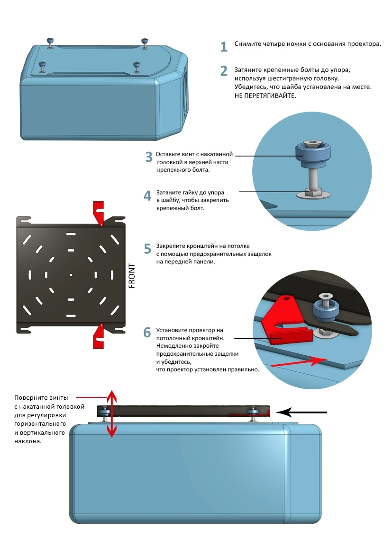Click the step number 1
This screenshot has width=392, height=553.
pos(224,46)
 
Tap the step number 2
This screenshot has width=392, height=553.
pos(224,71)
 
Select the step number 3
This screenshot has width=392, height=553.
pos(149,157)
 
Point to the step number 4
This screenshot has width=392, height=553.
pos(147,195)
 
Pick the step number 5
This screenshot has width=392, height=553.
pos(147,249)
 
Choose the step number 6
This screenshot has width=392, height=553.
pos(147,332)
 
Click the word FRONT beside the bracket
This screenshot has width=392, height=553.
pos(132,276)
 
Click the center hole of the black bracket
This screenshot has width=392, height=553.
pos(71,275)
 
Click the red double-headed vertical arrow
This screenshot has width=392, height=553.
pos(112,414)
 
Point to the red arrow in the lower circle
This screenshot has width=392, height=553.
pos(299,362)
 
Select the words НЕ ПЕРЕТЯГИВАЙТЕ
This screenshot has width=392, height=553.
pos(265,96)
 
